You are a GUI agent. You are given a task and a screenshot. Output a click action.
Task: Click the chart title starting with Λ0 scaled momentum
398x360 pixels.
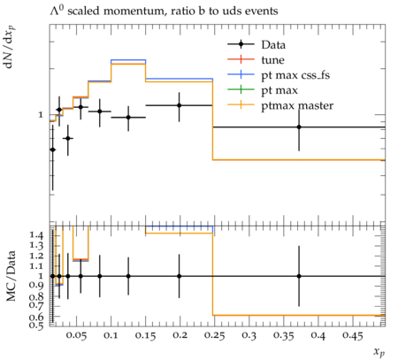coord(164,11)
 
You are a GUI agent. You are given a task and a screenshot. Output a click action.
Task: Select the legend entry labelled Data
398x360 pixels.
coord(256,45)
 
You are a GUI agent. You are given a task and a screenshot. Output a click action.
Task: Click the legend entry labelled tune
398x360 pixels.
coord(256,60)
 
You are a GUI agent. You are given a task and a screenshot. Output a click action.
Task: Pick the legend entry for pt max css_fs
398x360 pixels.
coord(279,75)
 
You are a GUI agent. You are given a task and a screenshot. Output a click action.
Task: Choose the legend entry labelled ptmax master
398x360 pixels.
coord(280,105)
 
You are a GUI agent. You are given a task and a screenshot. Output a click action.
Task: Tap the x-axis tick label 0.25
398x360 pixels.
coord(214,336)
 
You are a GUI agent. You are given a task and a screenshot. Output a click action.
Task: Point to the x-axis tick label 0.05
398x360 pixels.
coord(76,336)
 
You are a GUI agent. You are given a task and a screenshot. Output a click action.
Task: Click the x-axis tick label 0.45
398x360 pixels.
coord(353,336)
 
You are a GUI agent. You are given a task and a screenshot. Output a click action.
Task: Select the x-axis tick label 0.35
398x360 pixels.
coord(283,336)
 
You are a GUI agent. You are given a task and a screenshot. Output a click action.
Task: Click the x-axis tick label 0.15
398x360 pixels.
coord(145,336)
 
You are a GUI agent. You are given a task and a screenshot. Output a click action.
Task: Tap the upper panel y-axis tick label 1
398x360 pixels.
coord(41,115)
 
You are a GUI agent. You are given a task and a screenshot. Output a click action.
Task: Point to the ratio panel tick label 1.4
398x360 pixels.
coord(36,235)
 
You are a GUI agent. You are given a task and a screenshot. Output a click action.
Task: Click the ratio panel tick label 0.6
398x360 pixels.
coord(36,317)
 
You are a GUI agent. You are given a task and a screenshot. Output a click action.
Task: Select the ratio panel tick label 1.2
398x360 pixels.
coord(36,256)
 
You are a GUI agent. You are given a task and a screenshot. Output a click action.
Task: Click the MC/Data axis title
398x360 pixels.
coord(11,276)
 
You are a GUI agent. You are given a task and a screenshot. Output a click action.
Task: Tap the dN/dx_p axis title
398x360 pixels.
coord(11,47)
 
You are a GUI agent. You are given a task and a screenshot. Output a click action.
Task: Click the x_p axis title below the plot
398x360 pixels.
coord(379,352)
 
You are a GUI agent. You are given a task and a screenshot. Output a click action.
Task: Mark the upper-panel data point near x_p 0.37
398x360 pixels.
coord(299,127)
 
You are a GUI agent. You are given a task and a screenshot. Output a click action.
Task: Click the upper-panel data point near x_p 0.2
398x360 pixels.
coord(179,105)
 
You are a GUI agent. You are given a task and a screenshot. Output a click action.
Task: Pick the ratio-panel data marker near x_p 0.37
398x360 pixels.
coord(299,276)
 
